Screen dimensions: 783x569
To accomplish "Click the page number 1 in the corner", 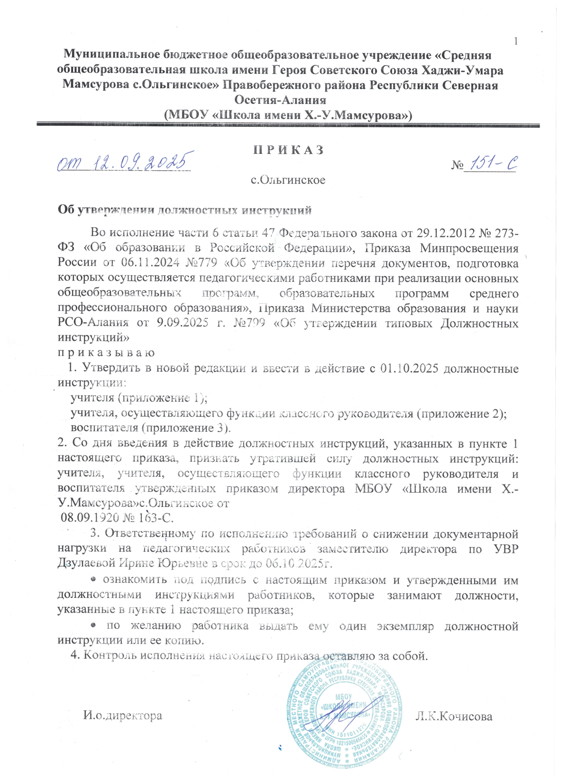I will coord(516,41).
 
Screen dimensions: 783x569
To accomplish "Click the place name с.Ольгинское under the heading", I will coord(288,180).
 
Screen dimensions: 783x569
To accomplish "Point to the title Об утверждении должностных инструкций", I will coord(184,210).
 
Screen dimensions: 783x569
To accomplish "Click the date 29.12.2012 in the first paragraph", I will coord(443,233).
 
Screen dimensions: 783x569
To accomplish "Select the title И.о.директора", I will coord(122,715).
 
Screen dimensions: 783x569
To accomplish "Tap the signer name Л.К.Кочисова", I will coord(454,716).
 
